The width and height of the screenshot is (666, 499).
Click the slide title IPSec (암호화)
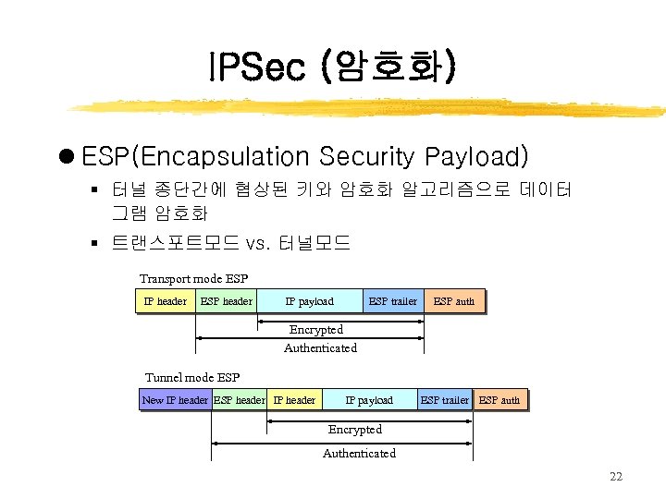click(x=332, y=67)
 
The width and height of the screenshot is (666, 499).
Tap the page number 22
click(x=616, y=477)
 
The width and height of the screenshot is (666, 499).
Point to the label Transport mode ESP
click(x=193, y=279)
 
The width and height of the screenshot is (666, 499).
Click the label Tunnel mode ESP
click(x=192, y=377)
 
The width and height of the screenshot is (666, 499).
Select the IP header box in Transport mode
click(x=166, y=301)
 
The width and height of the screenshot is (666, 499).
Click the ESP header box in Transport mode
click(x=227, y=301)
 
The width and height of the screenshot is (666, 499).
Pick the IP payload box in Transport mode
click(x=310, y=301)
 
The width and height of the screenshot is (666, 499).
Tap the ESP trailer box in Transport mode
click(x=393, y=301)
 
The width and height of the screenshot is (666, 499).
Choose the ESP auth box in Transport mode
click(x=454, y=301)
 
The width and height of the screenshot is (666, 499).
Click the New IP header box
click(x=175, y=400)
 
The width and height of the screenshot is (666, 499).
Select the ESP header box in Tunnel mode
click(x=240, y=400)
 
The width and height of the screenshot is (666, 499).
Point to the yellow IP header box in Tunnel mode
click(x=294, y=400)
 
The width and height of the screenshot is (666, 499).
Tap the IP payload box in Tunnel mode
click(x=369, y=400)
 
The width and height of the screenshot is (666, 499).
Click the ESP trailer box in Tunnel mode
click(x=445, y=400)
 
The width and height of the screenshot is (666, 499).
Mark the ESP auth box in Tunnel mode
click(x=499, y=400)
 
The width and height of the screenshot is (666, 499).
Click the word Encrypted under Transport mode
click(x=316, y=330)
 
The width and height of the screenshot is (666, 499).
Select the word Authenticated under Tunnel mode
click(x=359, y=453)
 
